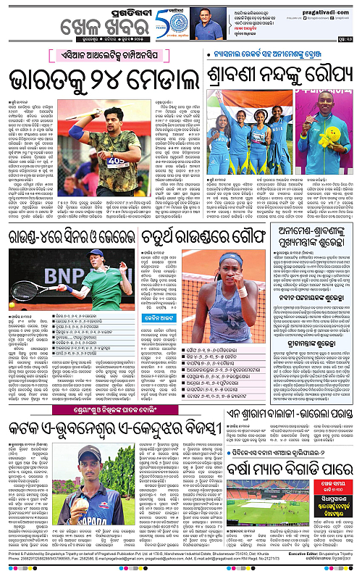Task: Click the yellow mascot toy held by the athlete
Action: click(x=337, y=136)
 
